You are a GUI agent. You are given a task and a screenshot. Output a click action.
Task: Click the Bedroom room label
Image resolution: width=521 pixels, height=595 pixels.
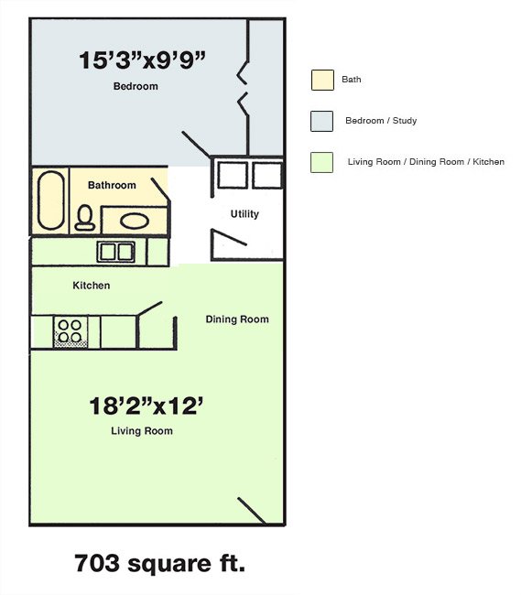(136, 86)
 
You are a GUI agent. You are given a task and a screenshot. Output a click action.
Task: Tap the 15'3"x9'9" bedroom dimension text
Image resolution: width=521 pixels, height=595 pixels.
(142, 59)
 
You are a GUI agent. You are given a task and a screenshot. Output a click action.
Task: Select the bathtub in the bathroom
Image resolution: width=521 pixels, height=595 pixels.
(51, 200)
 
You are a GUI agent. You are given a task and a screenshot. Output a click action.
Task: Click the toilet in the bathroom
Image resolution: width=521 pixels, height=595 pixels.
(85, 218)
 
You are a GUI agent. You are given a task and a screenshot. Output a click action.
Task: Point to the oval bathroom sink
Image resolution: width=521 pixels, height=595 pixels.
(135, 221)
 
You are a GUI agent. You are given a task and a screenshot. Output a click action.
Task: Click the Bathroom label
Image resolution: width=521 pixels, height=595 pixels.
(112, 185)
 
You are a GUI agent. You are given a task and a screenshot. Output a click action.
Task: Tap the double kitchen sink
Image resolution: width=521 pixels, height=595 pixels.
(115, 252)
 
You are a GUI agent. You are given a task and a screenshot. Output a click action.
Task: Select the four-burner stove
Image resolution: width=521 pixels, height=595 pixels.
(71, 332)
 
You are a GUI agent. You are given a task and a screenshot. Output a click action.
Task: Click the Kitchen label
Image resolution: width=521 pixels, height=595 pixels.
(92, 286)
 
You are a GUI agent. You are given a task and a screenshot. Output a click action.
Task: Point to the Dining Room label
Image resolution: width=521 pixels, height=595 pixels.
(237, 319)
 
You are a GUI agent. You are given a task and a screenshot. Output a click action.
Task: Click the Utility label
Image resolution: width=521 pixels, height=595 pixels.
(244, 214)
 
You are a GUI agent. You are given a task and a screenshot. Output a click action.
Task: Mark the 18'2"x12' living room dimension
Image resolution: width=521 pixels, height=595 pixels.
(147, 406)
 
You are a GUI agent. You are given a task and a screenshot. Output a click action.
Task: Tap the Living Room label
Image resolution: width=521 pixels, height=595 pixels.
(142, 431)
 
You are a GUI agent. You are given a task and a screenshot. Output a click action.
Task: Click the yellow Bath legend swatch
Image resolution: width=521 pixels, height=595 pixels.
(322, 80)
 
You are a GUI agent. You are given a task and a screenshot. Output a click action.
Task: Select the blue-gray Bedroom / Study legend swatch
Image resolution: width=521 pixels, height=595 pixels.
(321, 121)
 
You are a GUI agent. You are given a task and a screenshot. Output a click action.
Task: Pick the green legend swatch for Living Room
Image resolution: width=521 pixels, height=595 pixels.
(321, 162)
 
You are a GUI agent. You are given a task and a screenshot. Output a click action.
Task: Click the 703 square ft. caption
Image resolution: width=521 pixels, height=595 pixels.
(159, 563)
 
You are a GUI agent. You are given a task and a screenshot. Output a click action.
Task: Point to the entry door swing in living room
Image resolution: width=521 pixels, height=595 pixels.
(251, 511)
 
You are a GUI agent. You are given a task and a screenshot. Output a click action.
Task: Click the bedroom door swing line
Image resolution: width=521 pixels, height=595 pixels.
(196, 145)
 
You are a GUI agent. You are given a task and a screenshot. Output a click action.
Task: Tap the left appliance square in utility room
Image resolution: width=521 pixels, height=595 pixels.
(233, 175)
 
